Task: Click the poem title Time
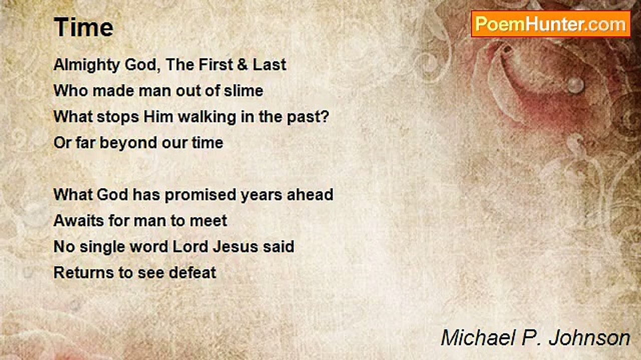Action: click(84, 27)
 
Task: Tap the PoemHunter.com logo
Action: click(551, 24)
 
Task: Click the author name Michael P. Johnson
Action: click(535, 337)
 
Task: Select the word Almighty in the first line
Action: click(87, 65)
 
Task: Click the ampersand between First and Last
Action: click(242, 64)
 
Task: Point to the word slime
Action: click(243, 91)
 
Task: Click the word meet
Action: click(208, 221)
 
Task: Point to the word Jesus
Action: click(235, 246)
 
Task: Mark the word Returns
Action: click(84, 272)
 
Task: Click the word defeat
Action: click(192, 272)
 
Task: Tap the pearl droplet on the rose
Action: click(575, 85)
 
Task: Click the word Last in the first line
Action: click(269, 64)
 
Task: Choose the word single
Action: click(102, 247)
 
